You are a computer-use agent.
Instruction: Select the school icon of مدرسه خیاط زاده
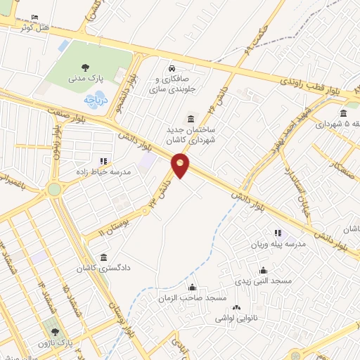(x=104, y=160)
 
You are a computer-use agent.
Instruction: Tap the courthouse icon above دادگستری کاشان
(x=104, y=256)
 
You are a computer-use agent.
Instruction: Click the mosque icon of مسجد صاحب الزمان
(x=192, y=287)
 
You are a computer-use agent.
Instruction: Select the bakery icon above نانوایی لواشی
(x=236, y=307)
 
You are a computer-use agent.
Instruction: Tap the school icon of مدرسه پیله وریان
(x=278, y=232)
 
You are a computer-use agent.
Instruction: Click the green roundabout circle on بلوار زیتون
(x=54, y=189)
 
